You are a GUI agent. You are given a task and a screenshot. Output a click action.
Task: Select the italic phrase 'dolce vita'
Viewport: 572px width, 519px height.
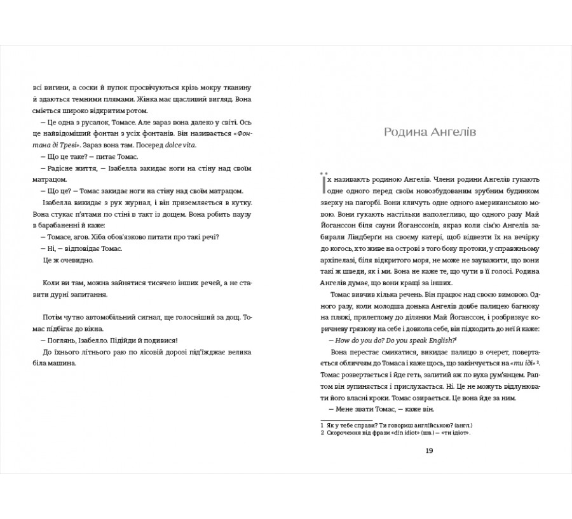[184, 145]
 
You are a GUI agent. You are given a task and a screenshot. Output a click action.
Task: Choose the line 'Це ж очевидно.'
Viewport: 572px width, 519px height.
[62, 260]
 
